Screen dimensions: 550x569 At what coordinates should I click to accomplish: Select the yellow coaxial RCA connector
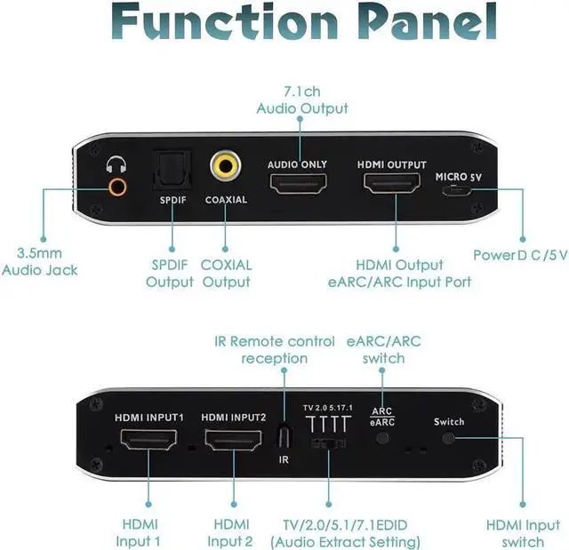(225, 166)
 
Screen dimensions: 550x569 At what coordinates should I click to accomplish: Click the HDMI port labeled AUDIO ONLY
(298, 185)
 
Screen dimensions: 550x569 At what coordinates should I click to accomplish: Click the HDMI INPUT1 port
(148, 441)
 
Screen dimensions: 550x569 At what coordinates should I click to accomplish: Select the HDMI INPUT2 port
(233, 441)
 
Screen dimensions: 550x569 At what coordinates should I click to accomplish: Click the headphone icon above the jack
(115, 165)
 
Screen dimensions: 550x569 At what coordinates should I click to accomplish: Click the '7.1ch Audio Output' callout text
(302, 100)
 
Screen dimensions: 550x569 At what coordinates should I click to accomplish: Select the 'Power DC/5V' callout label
(519, 256)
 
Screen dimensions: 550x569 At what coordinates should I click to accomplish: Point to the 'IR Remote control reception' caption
(275, 349)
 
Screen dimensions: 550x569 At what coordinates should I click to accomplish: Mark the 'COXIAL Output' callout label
(226, 273)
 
